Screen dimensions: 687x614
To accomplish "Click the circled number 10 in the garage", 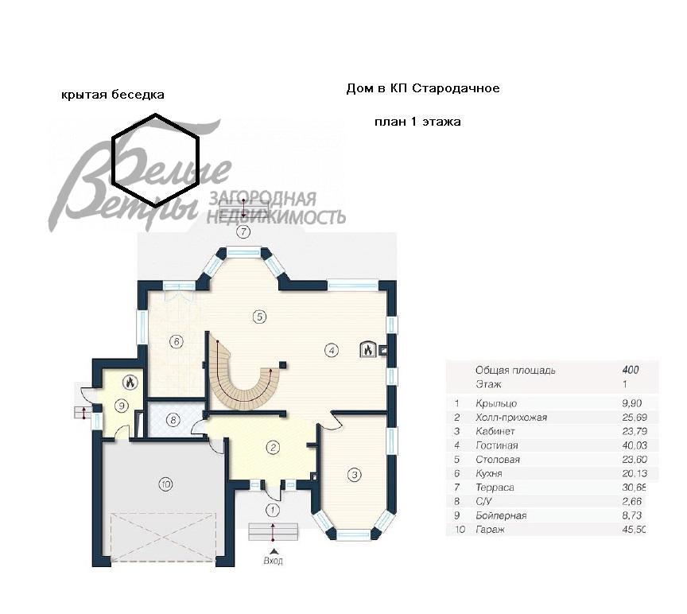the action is pyautogui.click(x=165, y=484).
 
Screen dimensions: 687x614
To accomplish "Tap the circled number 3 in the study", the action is pyautogui.click(x=354, y=474).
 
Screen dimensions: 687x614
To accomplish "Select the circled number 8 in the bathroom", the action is pyautogui.click(x=173, y=420).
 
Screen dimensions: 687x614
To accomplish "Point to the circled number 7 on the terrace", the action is pyautogui.click(x=243, y=231).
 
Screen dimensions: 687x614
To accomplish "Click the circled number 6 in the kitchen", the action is pyautogui.click(x=177, y=341).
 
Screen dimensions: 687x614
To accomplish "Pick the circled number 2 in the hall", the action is pyautogui.click(x=273, y=448).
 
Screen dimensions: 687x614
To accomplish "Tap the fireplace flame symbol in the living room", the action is pyautogui.click(x=367, y=349).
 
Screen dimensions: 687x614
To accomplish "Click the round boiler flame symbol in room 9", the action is pyautogui.click(x=130, y=383).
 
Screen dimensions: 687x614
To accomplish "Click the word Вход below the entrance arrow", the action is pyautogui.click(x=273, y=560).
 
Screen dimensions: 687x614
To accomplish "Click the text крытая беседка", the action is pyautogui.click(x=113, y=95).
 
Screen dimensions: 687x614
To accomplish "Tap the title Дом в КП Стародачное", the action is pyautogui.click(x=423, y=88).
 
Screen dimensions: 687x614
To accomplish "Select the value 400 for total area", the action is pyautogui.click(x=630, y=370).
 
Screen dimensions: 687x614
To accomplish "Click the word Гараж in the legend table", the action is pyautogui.click(x=490, y=530).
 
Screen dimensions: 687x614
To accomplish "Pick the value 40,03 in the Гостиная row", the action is pyautogui.click(x=634, y=445).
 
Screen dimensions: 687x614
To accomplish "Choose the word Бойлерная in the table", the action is pyautogui.click(x=501, y=515).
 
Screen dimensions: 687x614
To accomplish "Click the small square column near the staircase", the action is pyautogui.click(x=283, y=364).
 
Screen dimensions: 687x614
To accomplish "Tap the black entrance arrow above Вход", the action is pyautogui.click(x=273, y=551).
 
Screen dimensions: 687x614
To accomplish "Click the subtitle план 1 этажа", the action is pyautogui.click(x=417, y=122).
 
